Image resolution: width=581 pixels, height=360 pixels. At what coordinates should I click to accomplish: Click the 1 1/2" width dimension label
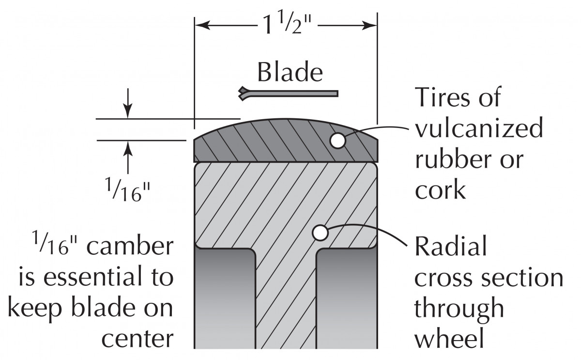click(x=286, y=24)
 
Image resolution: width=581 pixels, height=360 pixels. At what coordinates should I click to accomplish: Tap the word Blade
click(x=290, y=73)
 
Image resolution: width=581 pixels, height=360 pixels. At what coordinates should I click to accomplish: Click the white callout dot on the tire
click(x=337, y=141)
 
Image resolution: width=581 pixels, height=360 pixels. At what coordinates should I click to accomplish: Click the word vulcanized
click(x=479, y=129)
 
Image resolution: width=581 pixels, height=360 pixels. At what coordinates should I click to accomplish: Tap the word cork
click(x=440, y=190)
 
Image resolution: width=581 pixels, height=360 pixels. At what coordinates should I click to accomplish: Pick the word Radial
click(x=451, y=248)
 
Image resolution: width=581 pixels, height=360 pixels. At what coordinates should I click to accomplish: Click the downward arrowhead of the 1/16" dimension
click(x=127, y=113)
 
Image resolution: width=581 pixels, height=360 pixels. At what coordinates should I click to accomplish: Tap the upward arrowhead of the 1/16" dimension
click(x=127, y=145)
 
